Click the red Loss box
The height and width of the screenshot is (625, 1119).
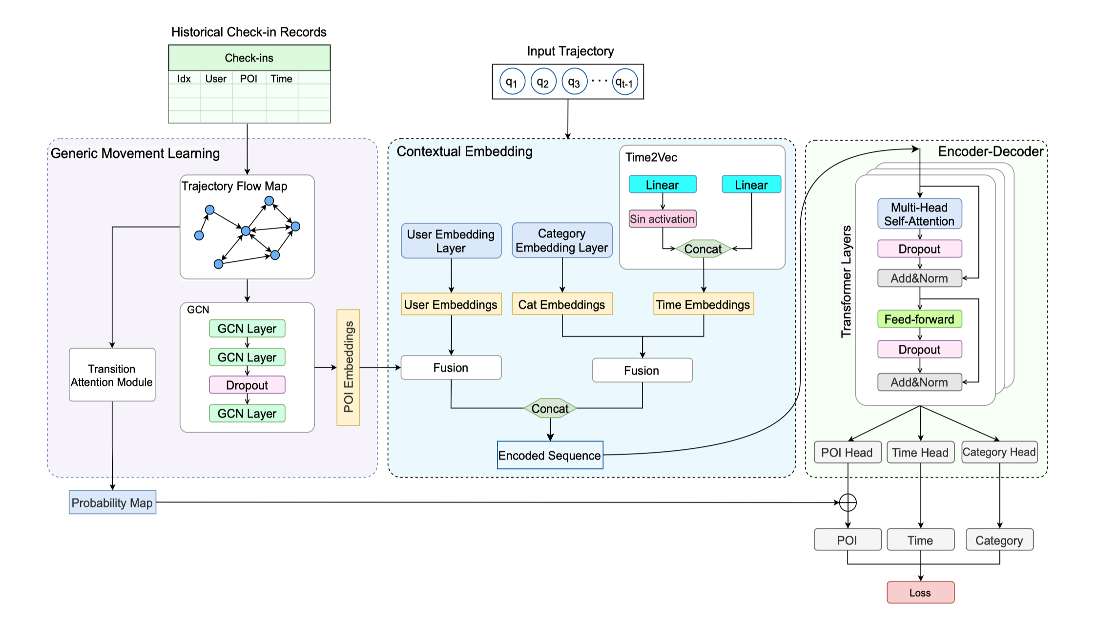tap(920, 592)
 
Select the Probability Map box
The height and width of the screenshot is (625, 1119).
tap(112, 502)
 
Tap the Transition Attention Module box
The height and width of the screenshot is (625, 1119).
tap(112, 375)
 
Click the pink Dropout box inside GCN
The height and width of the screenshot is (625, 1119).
tap(247, 385)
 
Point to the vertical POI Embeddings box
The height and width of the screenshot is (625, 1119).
tap(348, 367)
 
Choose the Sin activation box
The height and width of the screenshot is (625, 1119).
tap(662, 219)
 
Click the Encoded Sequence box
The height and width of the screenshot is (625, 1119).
tap(550, 455)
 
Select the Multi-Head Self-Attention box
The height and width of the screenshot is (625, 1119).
tap(919, 214)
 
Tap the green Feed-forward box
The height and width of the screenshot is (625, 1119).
tap(919, 319)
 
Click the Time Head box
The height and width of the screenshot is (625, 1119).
tap(920, 452)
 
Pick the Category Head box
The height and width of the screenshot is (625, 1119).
tap(999, 452)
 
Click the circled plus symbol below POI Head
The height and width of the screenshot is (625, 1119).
tap(848, 502)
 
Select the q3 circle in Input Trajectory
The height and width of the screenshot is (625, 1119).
tap(574, 82)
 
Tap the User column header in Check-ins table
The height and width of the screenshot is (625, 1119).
tap(216, 79)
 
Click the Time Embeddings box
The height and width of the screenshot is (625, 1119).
tap(703, 304)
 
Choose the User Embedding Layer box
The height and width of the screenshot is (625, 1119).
tap(451, 241)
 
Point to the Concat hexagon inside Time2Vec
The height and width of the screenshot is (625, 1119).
tap(703, 249)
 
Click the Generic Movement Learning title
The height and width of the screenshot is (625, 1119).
tap(135, 153)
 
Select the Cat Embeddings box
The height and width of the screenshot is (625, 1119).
tap(561, 304)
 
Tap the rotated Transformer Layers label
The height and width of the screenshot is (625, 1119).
tap(846, 281)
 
